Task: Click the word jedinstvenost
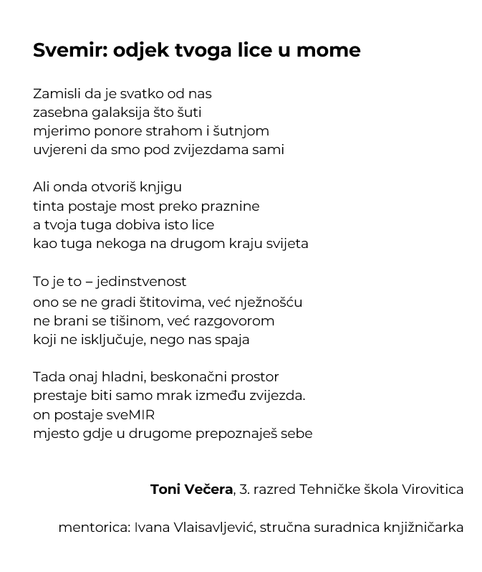click(141, 282)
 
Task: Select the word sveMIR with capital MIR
click(129, 415)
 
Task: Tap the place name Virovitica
click(432, 490)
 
